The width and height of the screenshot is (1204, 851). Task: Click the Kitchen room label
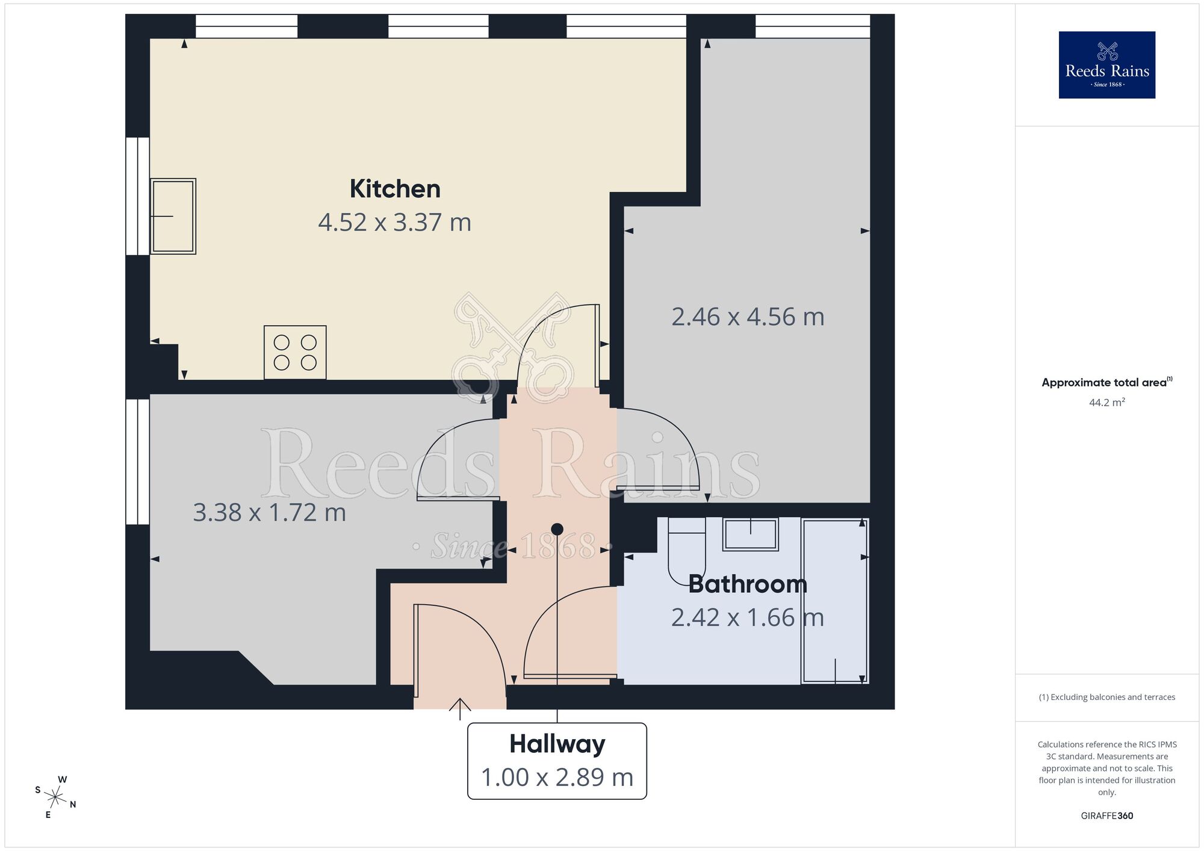395,189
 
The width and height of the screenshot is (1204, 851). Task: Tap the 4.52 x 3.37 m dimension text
394,223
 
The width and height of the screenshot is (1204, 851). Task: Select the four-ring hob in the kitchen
295,353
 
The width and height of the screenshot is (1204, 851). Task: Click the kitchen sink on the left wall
173,216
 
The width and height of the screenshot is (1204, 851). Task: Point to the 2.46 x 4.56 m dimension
748,317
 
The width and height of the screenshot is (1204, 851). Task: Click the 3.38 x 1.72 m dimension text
269,513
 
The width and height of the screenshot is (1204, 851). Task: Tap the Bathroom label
747,584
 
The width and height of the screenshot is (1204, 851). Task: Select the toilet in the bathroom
686,551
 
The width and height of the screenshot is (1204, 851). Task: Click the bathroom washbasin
751,534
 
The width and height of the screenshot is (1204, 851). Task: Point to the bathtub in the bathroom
834,601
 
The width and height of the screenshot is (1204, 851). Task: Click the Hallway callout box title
557,744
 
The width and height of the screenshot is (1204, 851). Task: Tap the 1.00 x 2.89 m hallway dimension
557,777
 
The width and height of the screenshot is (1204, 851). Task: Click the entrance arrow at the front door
460,708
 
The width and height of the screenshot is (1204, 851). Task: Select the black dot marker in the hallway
557,529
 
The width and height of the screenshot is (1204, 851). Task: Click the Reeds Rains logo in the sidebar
1106,65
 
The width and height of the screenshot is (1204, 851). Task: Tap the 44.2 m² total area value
1106,403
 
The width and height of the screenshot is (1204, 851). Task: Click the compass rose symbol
55,798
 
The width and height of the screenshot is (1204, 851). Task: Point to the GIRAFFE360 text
1106,816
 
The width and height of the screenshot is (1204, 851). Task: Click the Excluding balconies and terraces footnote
1106,697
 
